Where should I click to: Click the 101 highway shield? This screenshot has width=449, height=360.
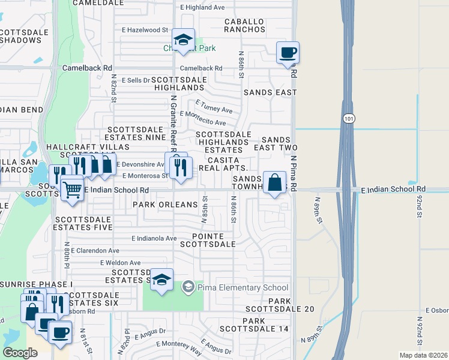pos(349,119)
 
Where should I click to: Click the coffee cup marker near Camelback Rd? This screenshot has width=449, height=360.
pos(288,52)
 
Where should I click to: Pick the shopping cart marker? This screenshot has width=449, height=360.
pos(72,190)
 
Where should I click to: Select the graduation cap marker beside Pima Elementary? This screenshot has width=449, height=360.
pos(161,280)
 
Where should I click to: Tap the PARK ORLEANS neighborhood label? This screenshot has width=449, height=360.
pos(165,205)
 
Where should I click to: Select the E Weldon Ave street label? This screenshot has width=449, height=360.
pos(120,263)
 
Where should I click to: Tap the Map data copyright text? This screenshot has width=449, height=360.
pos(424,355)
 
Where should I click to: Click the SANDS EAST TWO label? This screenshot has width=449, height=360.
pos(276,143)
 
